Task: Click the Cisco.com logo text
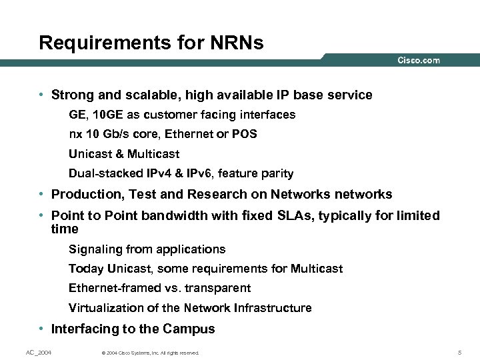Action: pyautogui.click(x=419, y=60)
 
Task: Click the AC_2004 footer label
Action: pyautogui.click(x=39, y=352)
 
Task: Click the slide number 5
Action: pyautogui.click(x=460, y=352)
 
